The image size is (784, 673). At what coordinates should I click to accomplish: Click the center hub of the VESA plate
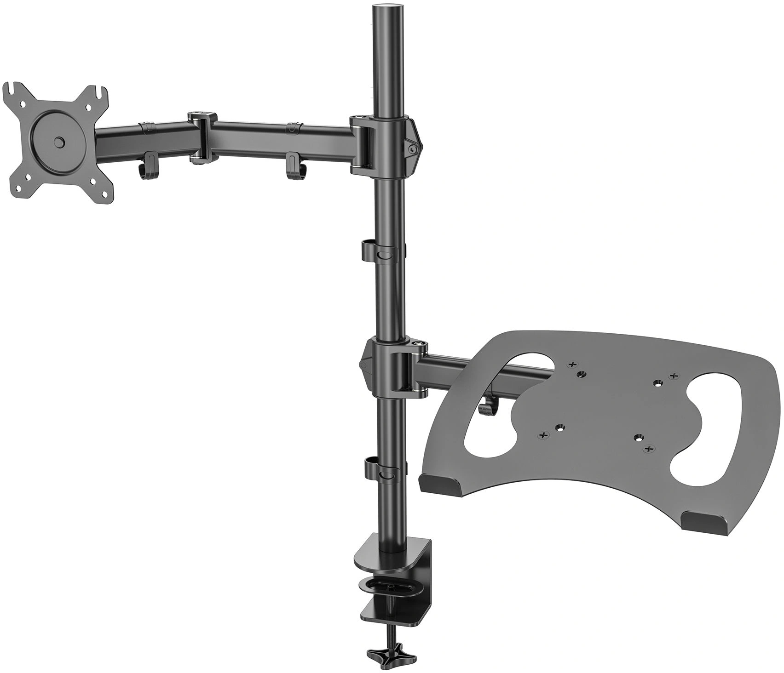(59, 142)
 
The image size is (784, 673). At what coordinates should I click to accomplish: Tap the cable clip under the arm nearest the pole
(294, 166)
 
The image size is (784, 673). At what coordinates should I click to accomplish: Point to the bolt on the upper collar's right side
(412, 148)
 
